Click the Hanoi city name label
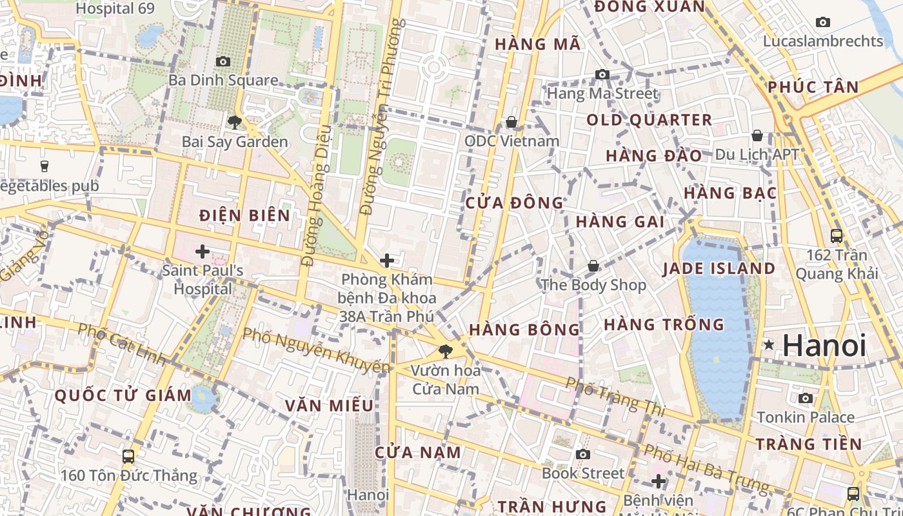coord(824,345)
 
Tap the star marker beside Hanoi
coord(769,345)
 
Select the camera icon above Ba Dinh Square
coord(223,61)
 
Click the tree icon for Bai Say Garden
coord(234,122)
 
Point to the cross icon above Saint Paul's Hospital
coord(203,251)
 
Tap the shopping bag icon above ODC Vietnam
coord(511,121)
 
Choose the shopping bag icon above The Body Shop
coord(593,266)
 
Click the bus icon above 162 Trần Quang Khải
coord(837,236)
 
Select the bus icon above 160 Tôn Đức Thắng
coord(128,457)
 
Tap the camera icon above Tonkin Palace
coord(806,398)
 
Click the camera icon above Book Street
coord(583,454)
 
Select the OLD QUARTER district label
coord(649,120)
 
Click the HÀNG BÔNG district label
coord(524,330)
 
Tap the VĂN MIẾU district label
coord(330,406)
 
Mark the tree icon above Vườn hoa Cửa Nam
coord(445,352)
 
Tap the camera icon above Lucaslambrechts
coord(823,22)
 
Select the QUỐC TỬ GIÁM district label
coord(123,395)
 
